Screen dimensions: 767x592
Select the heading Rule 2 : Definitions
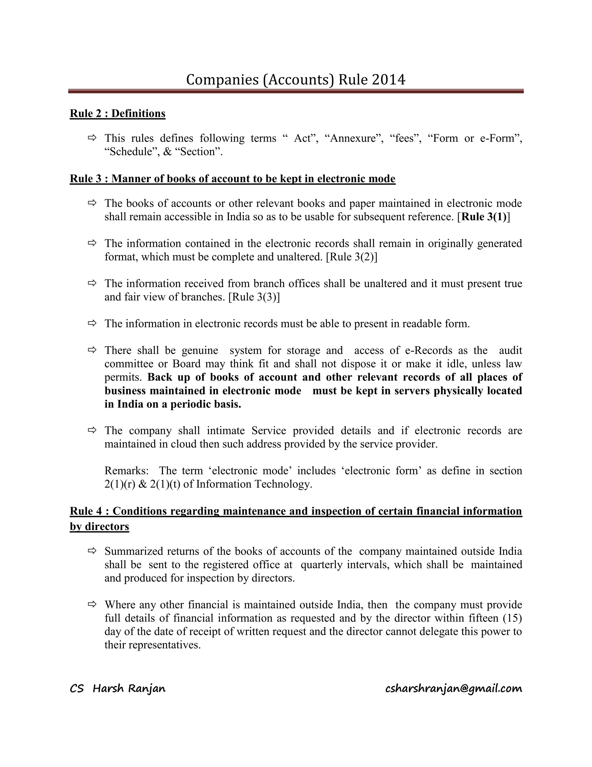pos(117,113)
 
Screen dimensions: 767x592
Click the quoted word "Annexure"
pos(357,138)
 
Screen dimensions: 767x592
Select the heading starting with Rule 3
pos(232,179)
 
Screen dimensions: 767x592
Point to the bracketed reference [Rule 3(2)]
pos(351,257)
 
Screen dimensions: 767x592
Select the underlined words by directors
pos(100,526)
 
